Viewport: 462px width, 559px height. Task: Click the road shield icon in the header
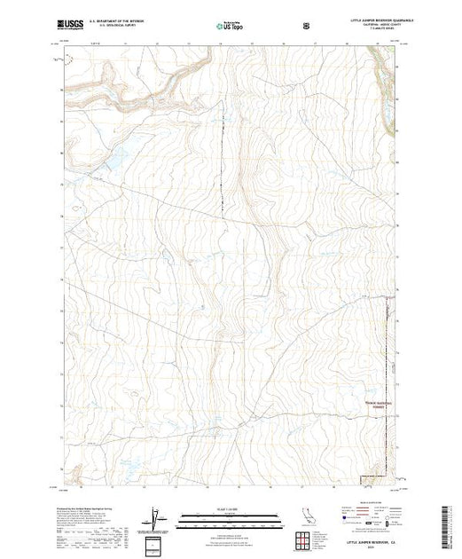coord(306,27)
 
